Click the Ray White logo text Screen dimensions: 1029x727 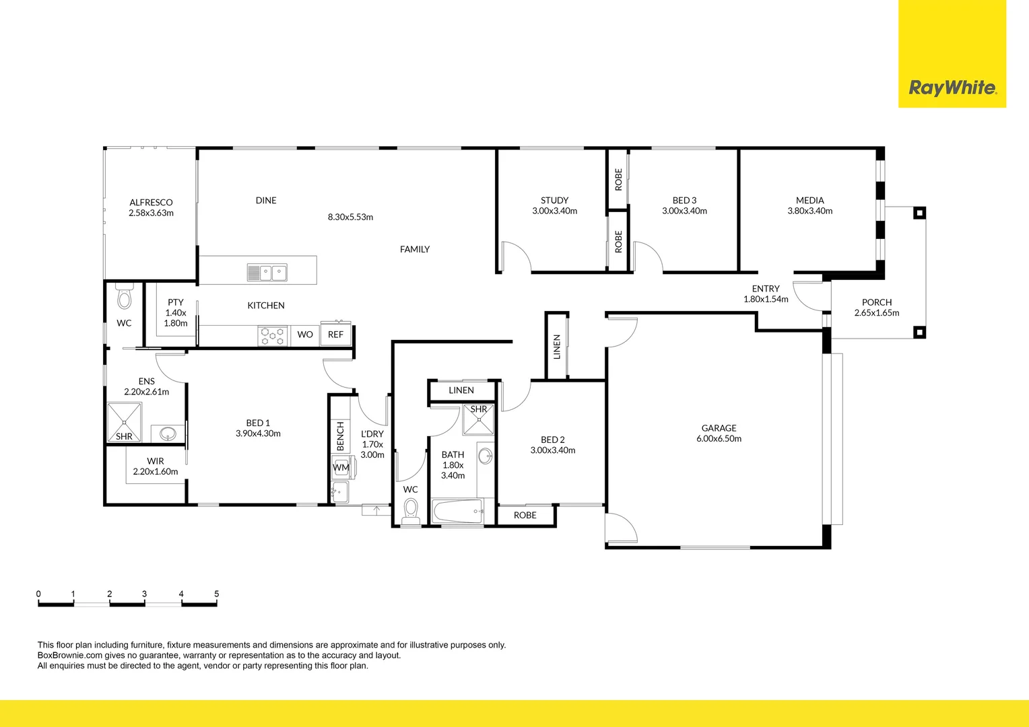(953, 88)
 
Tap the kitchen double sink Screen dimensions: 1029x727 (267, 273)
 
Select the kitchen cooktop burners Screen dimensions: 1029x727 (273, 336)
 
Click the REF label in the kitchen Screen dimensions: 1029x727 (335, 335)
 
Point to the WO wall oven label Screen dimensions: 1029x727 (305, 335)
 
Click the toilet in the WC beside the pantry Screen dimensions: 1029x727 (124, 297)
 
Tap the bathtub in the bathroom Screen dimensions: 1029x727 (457, 511)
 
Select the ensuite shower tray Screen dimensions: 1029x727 (124, 423)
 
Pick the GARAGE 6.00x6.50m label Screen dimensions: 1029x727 (719, 433)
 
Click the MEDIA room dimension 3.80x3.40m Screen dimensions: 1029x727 (810, 211)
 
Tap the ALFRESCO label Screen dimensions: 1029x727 (151, 202)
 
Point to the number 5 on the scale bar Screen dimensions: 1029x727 (216, 594)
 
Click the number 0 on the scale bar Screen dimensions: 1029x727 (38, 594)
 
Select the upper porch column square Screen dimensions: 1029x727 (919, 213)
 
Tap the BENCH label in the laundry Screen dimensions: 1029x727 (340, 436)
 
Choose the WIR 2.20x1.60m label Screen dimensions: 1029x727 (156, 466)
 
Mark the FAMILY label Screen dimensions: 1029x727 (415, 249)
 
